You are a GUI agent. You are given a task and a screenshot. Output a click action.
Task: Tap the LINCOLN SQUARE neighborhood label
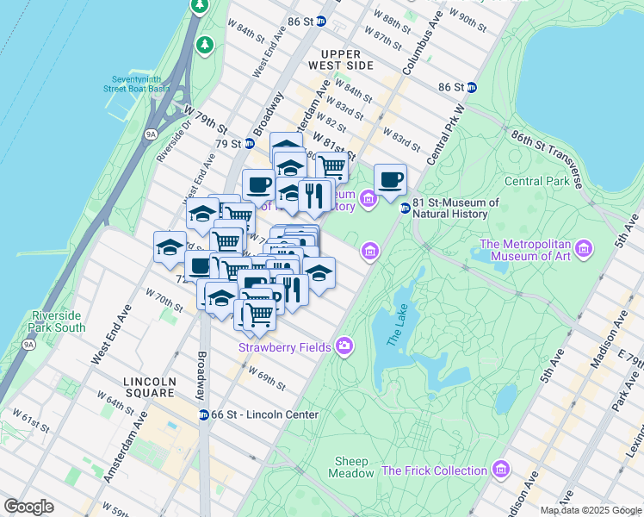click(x=149, y=387)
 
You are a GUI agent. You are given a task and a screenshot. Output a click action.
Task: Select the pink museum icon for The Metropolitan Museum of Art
click(x=585, y=249)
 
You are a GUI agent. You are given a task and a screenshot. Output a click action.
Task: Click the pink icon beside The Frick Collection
click(x=501, y=470)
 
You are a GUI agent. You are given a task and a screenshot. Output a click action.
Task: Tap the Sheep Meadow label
click(x=351, y=466)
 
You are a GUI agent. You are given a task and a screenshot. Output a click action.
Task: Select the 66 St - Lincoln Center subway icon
click(x=204, y=414)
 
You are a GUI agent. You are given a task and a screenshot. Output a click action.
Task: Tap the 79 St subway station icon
click(x=249, y=144)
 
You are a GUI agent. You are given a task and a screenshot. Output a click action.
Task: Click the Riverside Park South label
click(x=57, y=321)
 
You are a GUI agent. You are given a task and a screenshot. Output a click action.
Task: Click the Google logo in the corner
click(x=29, y=507)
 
